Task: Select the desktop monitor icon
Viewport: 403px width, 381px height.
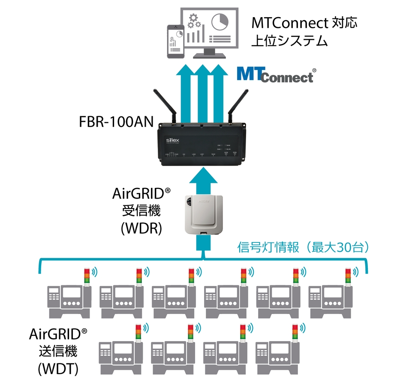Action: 210,30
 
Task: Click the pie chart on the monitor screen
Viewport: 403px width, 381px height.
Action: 221,21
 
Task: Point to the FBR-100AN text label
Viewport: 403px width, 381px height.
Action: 110,121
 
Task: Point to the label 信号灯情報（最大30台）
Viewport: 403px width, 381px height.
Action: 303,248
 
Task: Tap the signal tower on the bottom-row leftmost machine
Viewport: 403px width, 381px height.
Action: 138,333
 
